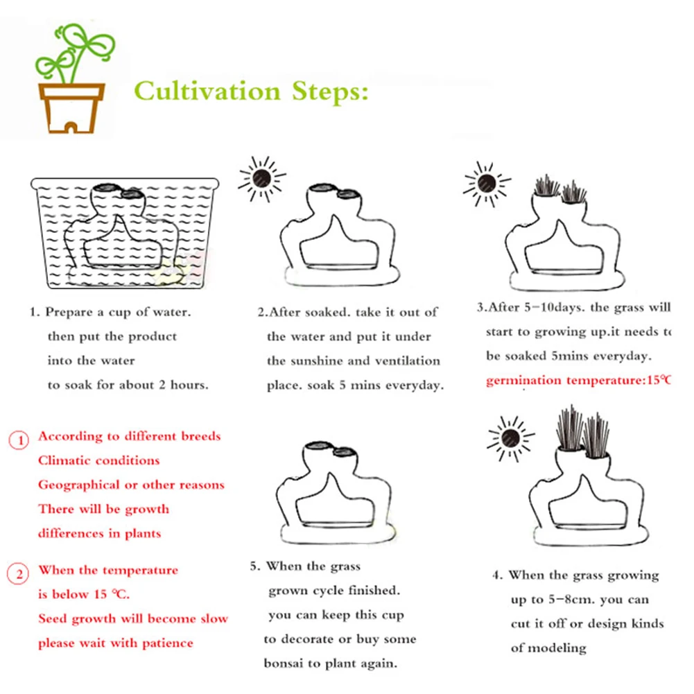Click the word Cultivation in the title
click(x=207, y=91)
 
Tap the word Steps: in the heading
click(x=330, y=91)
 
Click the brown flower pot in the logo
click(x=71, y=108)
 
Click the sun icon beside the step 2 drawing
click(x=261, y=178)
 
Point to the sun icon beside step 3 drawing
click(x=487, y=183)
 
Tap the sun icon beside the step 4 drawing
click(x=510, y=438)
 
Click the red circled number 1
click(x=19, y=440)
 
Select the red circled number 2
click(x=18, y=573)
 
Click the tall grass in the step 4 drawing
click(x=582, y=431)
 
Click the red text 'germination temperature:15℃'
click(x=578, y=380)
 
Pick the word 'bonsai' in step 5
click(x=284, y=663)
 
